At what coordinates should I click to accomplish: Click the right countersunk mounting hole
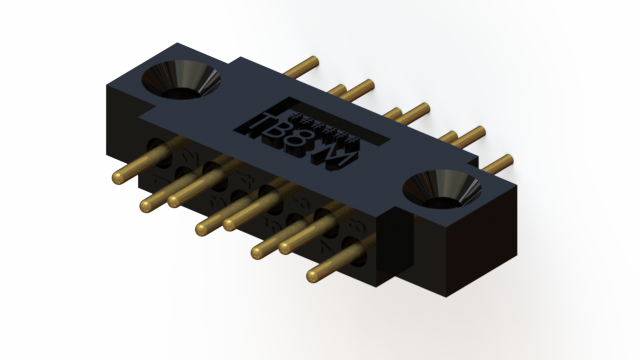438,189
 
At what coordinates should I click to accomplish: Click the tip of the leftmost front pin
118,178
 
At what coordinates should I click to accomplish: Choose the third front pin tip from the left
174,200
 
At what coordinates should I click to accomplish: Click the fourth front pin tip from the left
202,229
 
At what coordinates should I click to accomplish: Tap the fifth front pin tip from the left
230,222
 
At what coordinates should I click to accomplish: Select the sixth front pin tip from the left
258,251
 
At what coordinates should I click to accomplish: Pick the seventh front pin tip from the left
285,245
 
